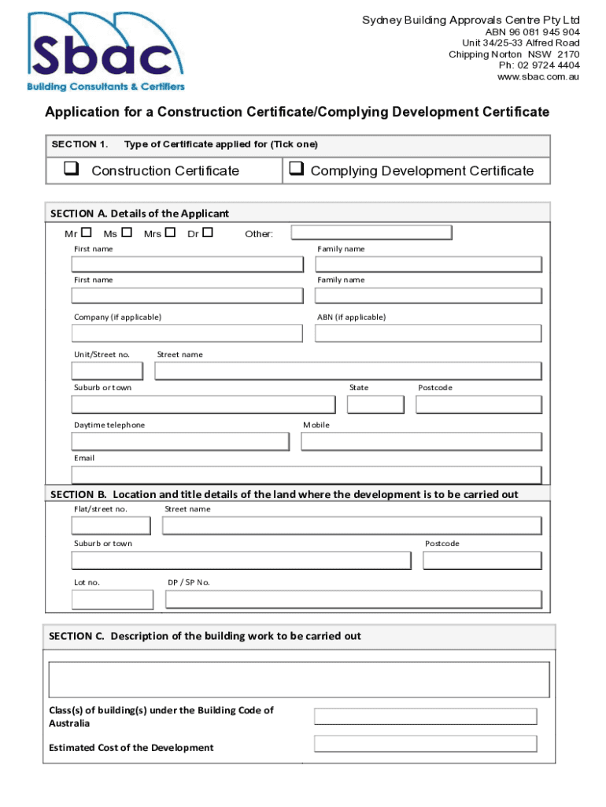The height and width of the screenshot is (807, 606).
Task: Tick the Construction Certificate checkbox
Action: tap(71, 169)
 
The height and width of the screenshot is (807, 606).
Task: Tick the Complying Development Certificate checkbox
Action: tap(296, 169)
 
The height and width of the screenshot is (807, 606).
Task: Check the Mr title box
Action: tap(87, 232)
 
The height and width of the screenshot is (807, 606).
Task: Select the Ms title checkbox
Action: tap(127, 232)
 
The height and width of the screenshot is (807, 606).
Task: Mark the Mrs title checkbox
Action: tap(170, 232)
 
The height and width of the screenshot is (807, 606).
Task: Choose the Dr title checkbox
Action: tap(208, 232)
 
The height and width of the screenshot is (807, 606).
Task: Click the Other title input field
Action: tap(371, 232)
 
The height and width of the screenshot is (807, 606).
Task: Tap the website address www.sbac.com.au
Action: tap(538, 76)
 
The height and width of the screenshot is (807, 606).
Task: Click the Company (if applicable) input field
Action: tap(187, 333)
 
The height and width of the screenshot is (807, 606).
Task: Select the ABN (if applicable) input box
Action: tap(428, 333)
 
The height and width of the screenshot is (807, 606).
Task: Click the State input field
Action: tap(375, 404)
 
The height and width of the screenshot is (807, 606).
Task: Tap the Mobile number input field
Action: tap(421, 441)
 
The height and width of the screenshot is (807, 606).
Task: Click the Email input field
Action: tap(306, 474)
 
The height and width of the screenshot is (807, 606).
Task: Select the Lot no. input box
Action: tap(113, 600)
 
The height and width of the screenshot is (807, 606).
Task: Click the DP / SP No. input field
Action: tap(353, 600)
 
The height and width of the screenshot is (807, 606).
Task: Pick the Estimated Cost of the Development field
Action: tap(425, 744)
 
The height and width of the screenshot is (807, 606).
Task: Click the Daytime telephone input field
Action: tap(180, 441)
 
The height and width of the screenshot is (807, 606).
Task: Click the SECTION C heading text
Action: tap(205, 636)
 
